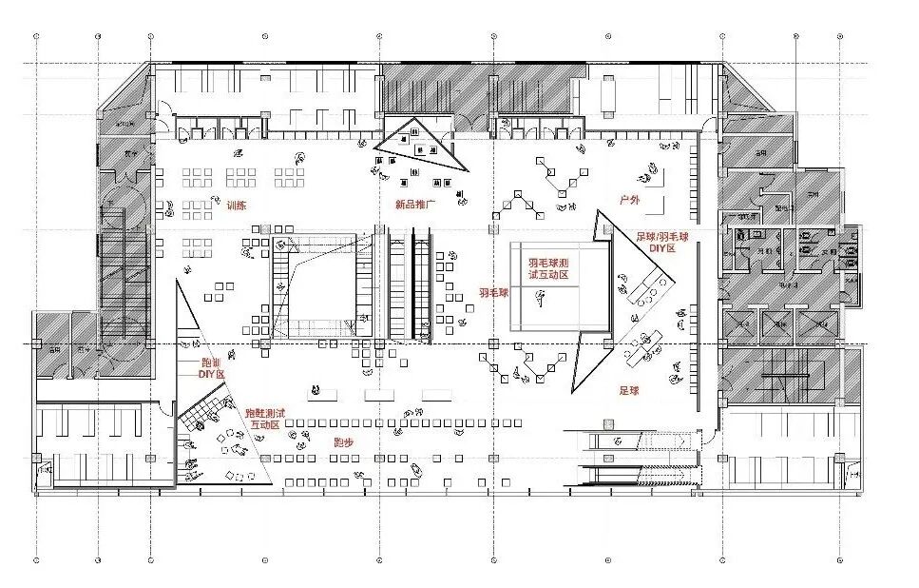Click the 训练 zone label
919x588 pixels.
236,205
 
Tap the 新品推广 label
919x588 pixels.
414,205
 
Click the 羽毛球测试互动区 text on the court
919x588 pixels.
548,267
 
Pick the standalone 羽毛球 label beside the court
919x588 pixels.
493,293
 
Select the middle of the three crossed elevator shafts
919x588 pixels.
776,326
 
